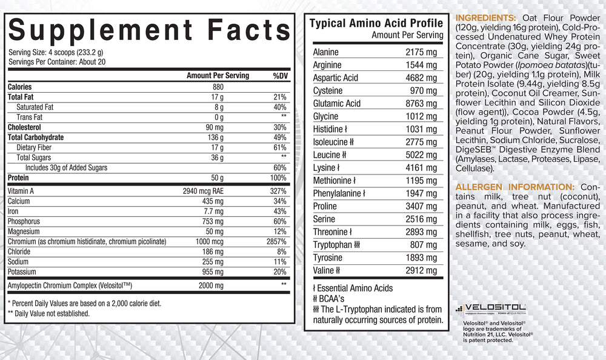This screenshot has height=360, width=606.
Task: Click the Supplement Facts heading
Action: click(149, 30)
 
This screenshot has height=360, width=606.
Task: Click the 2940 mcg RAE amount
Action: click(208, 190)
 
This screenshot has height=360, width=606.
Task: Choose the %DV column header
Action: click(279, 75)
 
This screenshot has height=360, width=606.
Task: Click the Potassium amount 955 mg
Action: click(213, 272)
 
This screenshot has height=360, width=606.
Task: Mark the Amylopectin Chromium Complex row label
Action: click(70, 285)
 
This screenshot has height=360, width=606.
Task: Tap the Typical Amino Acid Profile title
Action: click(376, 24)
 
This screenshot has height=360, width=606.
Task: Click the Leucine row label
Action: click(327, 155)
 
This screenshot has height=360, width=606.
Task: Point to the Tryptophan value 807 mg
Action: click(424, 245)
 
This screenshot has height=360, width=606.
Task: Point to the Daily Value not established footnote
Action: click(48, 313)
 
